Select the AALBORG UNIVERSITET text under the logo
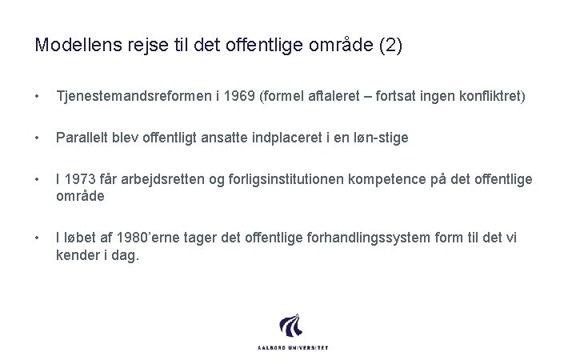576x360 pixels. point(293,347)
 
